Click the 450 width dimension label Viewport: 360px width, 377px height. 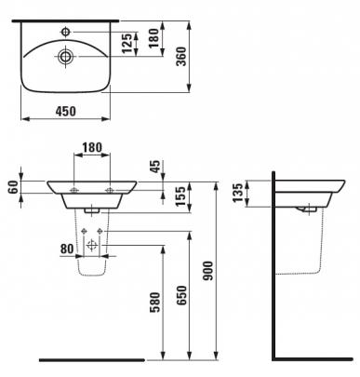point(65,111)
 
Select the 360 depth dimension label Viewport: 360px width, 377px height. point(181,56)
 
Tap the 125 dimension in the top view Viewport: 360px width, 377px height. point(127,43)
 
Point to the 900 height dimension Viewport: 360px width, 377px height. point(207,271)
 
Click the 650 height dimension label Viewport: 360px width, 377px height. point(181,295)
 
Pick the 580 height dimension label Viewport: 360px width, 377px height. point(154,302)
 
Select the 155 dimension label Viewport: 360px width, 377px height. point(180,195)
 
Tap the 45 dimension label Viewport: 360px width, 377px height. point(155,167)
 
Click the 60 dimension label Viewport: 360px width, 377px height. point(14,186)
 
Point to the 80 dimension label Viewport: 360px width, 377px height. point(67,249)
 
